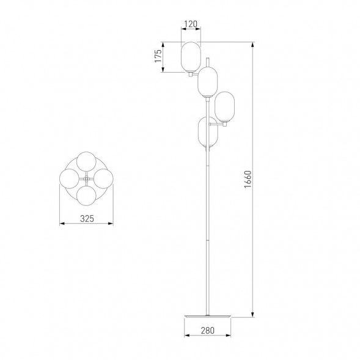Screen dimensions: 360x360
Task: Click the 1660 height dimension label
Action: (248, 179)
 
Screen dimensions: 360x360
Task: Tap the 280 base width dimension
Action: (208, 331)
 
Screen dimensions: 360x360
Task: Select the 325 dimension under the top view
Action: (87, 219)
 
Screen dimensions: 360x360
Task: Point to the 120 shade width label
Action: (191, 24)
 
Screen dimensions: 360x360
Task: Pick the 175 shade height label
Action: (158, 56)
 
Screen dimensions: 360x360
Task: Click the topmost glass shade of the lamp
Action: (191, 57)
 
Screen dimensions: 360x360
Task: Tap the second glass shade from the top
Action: (208, 82)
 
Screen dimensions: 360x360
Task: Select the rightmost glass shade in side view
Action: (224, 107)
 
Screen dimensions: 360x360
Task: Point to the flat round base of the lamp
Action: (208, 316)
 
